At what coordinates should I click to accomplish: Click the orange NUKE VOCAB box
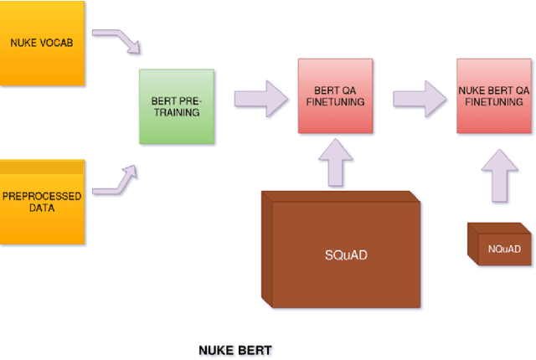[x=42, y=42]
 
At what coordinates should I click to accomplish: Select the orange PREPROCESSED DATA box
[x=42, y=201]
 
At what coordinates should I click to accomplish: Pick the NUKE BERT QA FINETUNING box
[x=494, y=96]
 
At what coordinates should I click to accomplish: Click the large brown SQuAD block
[x=339, y=251]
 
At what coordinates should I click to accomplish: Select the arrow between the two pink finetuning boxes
[x=419, y=96]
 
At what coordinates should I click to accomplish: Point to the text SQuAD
[x=344, y=254]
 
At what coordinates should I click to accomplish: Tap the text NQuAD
[x=504, y=249]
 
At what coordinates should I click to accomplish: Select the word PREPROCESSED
[x=42, y=196]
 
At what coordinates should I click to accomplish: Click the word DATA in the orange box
[x=42, y=208]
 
